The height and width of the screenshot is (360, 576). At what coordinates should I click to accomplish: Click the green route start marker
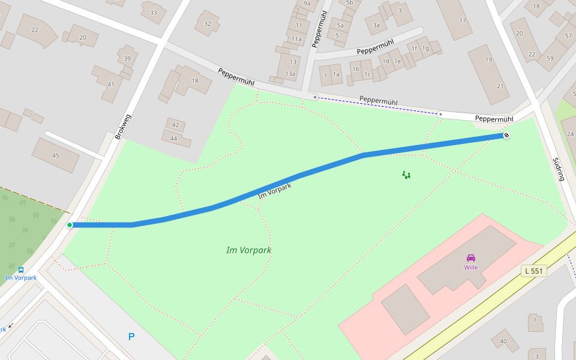(x=70, y=225)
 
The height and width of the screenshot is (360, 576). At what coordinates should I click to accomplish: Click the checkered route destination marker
(x=506, y=136)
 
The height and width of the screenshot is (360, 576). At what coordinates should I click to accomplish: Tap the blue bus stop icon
(x=21, y=270)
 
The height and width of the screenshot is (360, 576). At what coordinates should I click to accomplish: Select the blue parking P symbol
(x=131, y=337)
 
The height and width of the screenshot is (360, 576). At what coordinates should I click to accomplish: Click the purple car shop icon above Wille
(x=471, y=258)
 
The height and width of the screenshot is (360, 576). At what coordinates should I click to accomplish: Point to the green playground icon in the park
(x=406, y=175)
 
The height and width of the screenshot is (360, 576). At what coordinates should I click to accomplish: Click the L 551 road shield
(x=533, y=271)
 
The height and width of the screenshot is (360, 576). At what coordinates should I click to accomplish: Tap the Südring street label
(x=559, y=169)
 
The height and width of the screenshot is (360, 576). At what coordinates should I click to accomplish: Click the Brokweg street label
(x=122, y=127)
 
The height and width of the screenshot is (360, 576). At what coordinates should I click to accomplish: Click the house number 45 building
(x=56, y=155)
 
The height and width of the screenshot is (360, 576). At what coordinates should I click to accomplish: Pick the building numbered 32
(x=208, y=24)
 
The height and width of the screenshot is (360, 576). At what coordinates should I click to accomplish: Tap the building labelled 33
(x=154, y=13)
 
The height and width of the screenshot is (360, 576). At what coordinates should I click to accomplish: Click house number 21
(x=500, y=86)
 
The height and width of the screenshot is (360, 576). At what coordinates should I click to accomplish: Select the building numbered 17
(x=463, y=20)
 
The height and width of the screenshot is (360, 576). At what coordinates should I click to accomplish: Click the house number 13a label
(x=290, y=74)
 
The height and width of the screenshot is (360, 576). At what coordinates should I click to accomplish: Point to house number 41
(x=110, y=84)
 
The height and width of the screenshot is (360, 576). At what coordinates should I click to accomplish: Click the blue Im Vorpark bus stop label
(x=21, y=278)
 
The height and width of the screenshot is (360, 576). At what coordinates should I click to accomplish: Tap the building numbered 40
(x=503, y=341)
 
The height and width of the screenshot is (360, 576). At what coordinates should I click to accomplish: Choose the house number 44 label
(x=174, y=138)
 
